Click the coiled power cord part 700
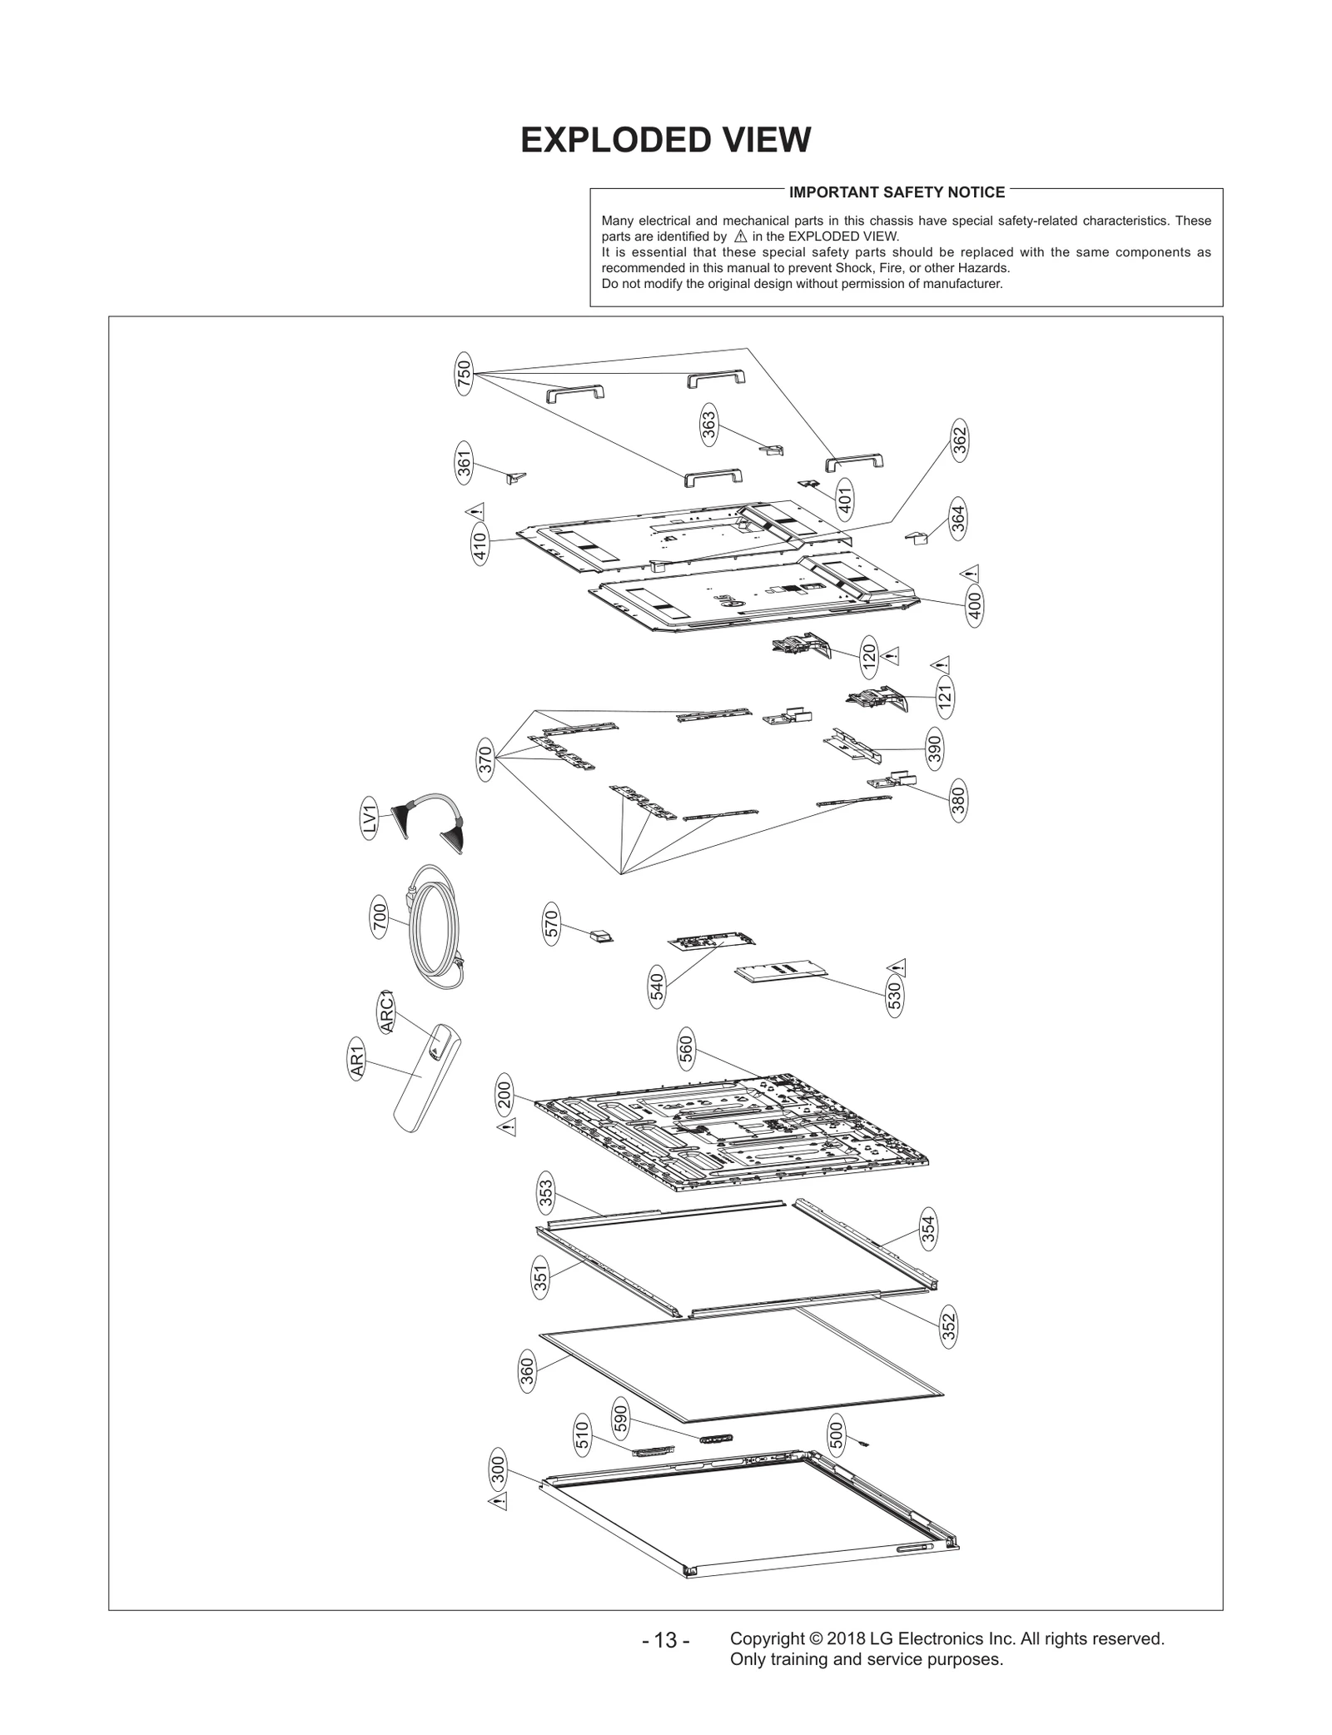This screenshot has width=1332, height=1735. click(435, 925)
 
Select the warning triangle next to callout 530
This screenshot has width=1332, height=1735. click(897, 967)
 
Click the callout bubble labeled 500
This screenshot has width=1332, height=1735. click(837, 1434)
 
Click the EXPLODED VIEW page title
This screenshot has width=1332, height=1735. click(665, 140)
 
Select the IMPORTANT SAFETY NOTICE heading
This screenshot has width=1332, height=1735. click(897, 192)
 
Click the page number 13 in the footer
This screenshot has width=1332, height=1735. click(665, 1640)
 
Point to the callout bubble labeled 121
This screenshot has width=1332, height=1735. click(944, 698)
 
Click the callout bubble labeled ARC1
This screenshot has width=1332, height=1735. click(385, 1012)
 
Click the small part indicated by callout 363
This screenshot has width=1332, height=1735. click(773, 450)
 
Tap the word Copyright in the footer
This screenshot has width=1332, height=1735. click(764, 1638)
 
